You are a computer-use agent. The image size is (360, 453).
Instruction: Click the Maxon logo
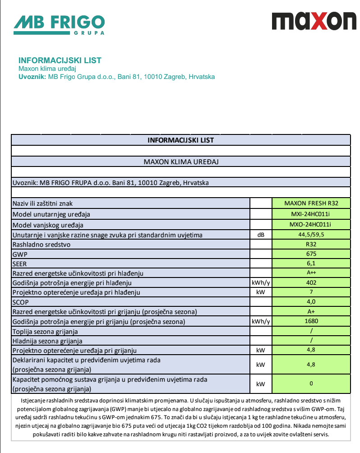314,21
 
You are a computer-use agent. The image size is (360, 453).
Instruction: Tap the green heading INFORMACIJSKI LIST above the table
60,60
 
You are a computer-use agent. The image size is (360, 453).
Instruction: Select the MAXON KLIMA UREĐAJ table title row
180,161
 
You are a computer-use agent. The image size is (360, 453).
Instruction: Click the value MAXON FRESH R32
311,203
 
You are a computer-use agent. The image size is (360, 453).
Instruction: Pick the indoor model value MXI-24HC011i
311,214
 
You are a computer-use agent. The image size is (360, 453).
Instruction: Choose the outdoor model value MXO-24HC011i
311,224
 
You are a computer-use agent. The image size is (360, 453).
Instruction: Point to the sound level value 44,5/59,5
311,235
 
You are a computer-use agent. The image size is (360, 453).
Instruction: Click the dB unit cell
261,235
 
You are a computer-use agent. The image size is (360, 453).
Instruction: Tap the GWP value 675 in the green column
311,254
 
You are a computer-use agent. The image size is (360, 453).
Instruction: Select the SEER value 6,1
311,263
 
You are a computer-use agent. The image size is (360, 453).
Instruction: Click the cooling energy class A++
311,273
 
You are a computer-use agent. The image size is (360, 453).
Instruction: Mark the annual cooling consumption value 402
311,282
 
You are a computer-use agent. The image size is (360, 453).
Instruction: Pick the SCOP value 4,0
311,301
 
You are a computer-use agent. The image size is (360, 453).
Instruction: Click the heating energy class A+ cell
311,311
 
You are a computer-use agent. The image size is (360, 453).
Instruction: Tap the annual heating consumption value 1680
311,321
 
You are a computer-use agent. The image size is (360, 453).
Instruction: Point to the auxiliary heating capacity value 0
311,384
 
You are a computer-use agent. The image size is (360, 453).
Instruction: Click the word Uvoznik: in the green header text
32,77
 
